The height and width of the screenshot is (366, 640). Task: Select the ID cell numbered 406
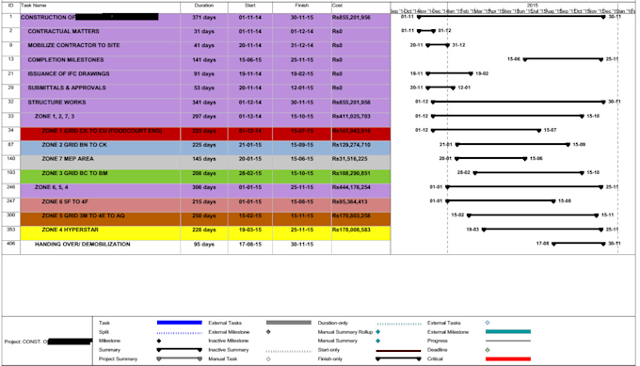point(10,243)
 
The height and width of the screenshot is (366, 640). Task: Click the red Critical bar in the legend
point(507,358)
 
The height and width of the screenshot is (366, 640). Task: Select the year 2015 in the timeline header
point(533,5)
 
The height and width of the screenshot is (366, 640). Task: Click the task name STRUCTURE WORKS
point(56,102)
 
